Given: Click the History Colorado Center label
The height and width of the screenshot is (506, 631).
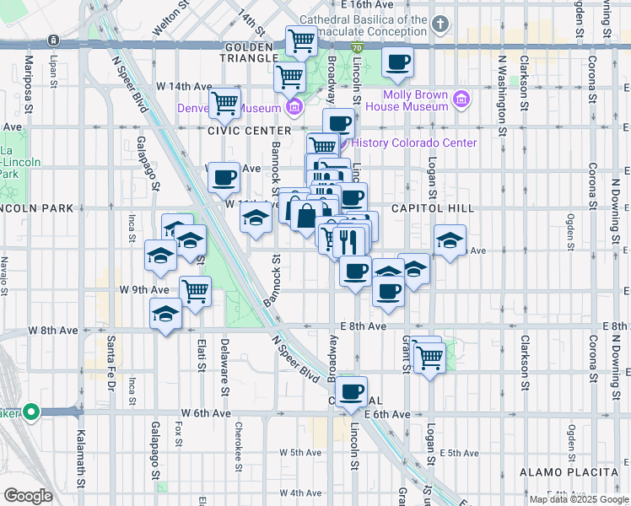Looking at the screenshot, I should point(413,143).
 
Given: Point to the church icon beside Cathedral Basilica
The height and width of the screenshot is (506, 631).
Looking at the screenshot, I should point(440,24).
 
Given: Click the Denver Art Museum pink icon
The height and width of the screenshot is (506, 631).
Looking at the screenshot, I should point(294,107).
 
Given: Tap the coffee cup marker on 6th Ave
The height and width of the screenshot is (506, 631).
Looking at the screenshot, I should point(353,391).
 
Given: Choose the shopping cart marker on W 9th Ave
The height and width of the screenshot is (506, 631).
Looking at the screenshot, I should point(195,292).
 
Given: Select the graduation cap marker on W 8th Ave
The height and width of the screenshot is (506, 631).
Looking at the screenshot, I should point(165,315).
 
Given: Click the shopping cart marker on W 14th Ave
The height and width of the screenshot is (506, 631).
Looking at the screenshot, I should point(224,103).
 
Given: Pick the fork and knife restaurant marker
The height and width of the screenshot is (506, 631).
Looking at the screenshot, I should point(348,241).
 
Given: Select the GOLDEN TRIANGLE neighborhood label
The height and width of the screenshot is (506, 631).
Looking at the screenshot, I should point(251,52).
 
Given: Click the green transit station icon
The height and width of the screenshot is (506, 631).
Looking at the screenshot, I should point(31,412).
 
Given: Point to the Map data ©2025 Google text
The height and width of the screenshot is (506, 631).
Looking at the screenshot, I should point(578,499).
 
